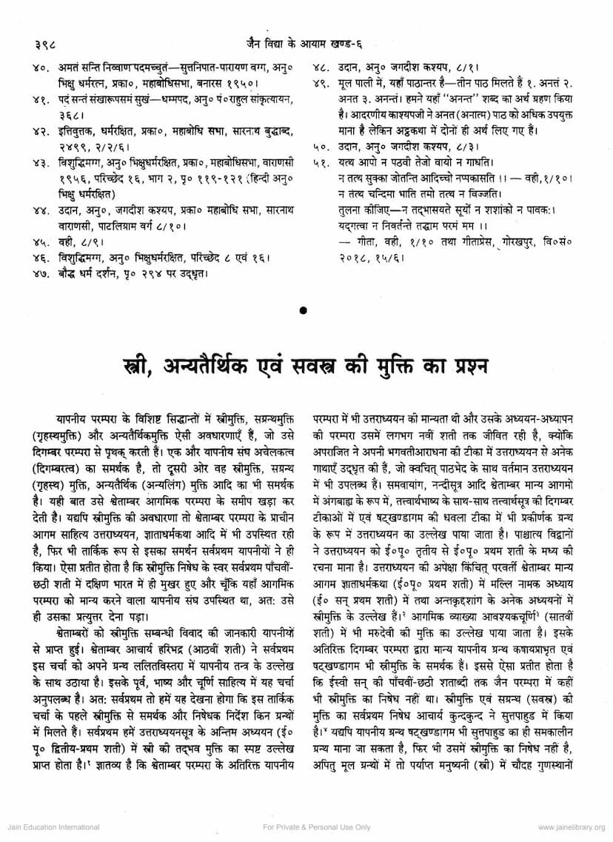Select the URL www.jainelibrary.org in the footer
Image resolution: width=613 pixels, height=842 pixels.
[571, 827]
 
